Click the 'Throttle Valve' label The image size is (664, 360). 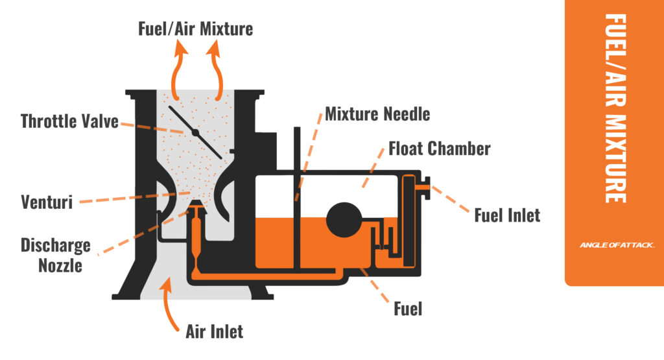pyautogui.click(x=69, y=121)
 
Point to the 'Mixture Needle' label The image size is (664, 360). pyautogui.click(x=377, y=115)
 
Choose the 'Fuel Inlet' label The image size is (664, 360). pyautogui.click(x=507, y=214)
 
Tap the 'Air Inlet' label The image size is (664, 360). pyautogui.click(x=214, y=331)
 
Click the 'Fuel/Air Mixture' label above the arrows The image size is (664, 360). pyautogui.click(x=195, y=29)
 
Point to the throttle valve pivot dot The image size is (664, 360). pyautogui.click(x=195, y=132)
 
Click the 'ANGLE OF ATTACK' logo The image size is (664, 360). pyautogui.click(x=617, y=245)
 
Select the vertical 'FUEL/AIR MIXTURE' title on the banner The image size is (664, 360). pyautogui.click(x=615, y=107)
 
